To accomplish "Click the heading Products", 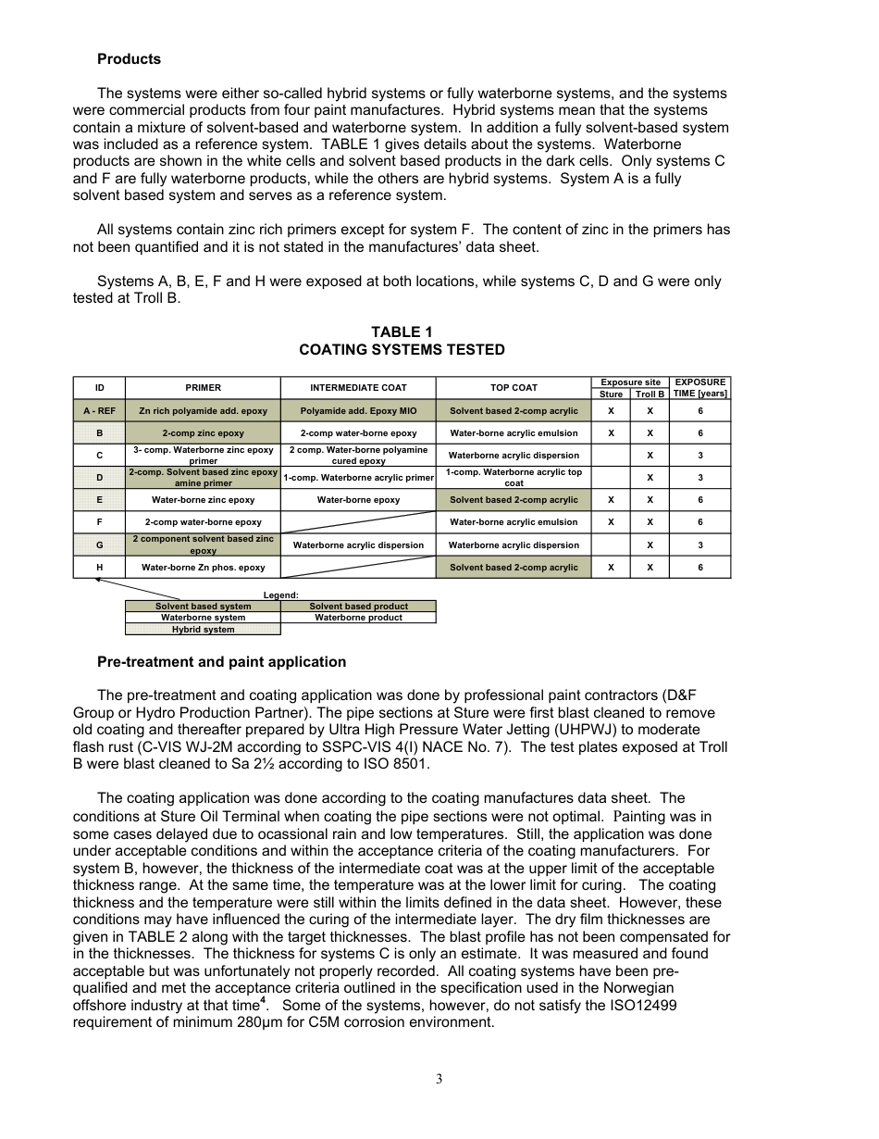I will [129, 59].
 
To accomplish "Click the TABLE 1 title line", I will [402, 332].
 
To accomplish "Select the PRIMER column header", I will [203, 388].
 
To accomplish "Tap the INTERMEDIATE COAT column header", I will [358, 388].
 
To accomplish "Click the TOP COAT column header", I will [514, 388].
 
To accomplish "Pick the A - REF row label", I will [99, 411].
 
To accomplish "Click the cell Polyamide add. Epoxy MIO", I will [358, 411].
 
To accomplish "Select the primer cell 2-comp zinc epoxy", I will [203, 433].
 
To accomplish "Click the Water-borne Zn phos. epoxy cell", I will [203, 568].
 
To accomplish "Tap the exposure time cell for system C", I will [699, 456].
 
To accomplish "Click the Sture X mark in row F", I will [611, 522].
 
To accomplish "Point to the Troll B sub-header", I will [650, 394].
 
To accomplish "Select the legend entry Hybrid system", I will [203, 630].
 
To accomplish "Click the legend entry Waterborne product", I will [358, 618].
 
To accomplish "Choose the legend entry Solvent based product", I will [358, 607].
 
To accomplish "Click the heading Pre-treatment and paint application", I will [221, 662].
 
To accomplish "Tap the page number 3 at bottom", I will [439, 1079].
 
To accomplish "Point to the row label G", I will [99, 545].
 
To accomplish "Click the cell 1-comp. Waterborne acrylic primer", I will [358, 478].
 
